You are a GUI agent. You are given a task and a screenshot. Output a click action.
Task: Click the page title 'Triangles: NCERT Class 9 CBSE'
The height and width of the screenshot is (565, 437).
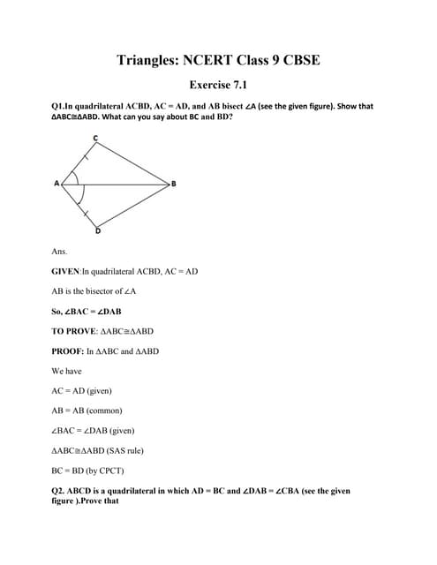pos(218,60)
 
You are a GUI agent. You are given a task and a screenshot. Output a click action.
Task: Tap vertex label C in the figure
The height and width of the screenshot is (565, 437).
pos(95,137)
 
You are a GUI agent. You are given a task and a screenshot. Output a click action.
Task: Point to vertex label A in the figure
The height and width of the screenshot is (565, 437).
pos(56,184)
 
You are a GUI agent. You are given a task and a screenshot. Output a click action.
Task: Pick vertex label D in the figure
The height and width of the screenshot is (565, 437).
pos(97,231)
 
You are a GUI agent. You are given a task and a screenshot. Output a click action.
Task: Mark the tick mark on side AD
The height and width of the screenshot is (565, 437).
pos(85,212)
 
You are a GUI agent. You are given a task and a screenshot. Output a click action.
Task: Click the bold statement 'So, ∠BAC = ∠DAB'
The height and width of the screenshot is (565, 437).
pos(87,312)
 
